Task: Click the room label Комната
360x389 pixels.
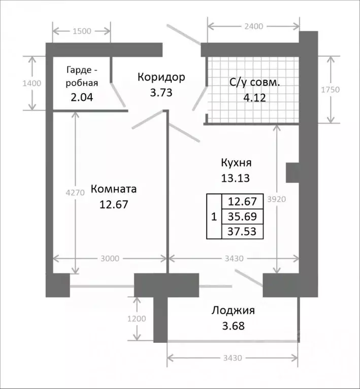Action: pos(114,189)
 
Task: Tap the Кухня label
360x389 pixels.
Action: pos(236,163)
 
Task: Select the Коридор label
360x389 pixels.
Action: pos(161,77)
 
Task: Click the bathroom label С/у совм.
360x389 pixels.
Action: pos(255,81)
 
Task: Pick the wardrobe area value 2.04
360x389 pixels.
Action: pos(81,96)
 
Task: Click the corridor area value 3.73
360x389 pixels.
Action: pos(161,92)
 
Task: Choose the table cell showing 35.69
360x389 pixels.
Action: pos(243,217)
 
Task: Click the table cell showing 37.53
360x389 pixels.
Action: pos(243,232)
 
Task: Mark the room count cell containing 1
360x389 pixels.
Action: pos(214,217)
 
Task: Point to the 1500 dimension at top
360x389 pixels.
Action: pos(82,31)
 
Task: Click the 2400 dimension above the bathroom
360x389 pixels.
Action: pos(253,26)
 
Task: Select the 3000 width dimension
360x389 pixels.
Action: pos(109,258)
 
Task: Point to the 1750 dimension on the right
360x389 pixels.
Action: pos(330,90)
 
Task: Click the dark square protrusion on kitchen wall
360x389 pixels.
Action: pos(292,172)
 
